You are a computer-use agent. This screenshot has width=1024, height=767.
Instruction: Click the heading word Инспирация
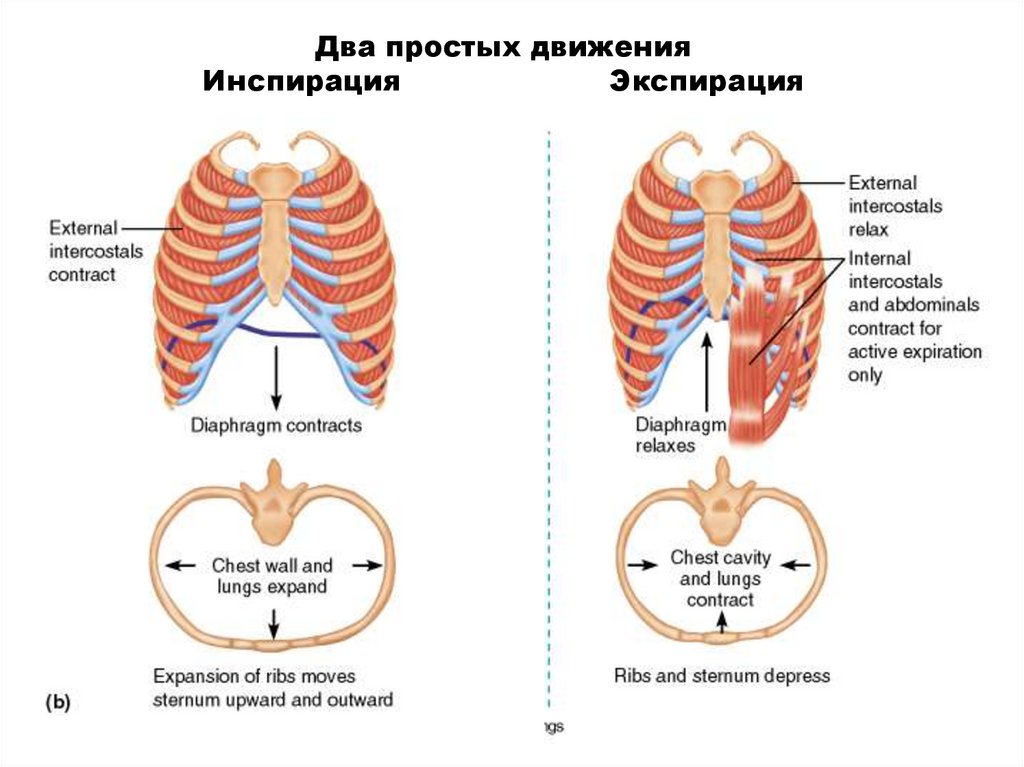click(301, 81)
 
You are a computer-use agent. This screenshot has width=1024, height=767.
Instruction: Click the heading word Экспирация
click(706, 81)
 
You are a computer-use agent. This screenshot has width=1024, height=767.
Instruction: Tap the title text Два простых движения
click(504, 48)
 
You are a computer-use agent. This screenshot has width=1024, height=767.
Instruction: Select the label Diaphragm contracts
click(275, 426)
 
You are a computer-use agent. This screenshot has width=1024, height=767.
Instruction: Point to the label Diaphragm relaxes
click(680, 436)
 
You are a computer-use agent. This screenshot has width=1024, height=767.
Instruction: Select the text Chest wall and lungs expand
click(272, 576)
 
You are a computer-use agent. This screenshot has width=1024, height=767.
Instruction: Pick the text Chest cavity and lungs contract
click(719, 578)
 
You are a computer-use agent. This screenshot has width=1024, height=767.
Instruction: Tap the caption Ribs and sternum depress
click(721, 676)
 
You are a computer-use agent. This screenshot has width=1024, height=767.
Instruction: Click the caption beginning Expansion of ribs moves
click(272, 687)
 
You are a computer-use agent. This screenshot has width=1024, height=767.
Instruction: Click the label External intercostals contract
click(82, 250)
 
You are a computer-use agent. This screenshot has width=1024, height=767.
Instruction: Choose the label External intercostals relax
click(895, 206)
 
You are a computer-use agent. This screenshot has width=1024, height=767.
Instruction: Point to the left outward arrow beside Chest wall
click(181, 566)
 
